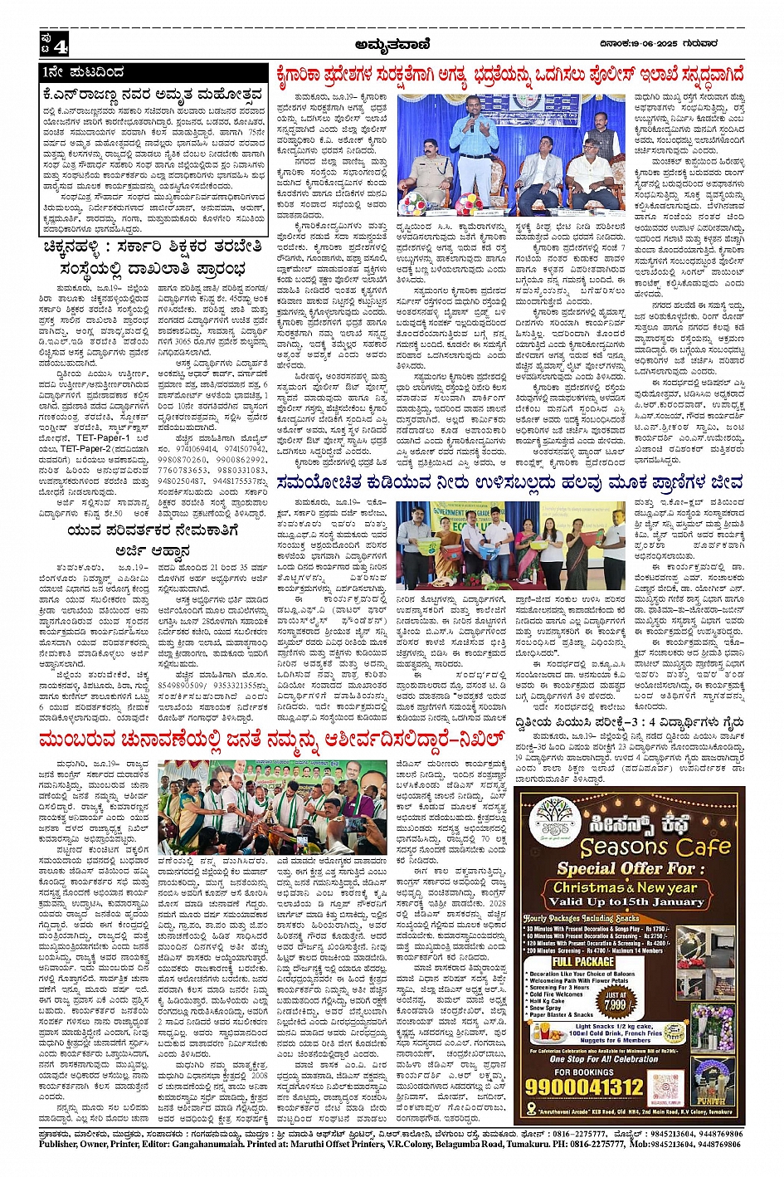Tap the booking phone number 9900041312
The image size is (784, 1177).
[x=597, y=1086]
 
